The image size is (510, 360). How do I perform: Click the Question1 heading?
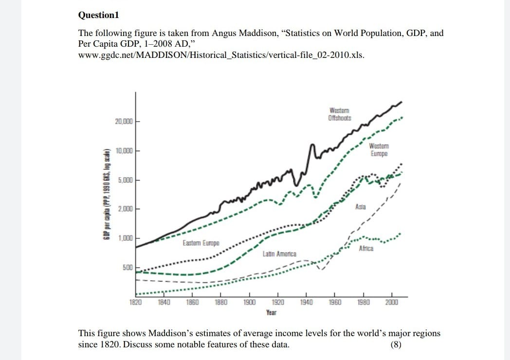coord(98,15)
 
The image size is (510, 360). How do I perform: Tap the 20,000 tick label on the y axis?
coord(124,121)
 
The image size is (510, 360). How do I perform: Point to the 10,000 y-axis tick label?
coord(124,150)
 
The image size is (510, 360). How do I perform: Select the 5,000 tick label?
coord(125,180)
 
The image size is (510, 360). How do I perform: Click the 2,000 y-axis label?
coord(125,209)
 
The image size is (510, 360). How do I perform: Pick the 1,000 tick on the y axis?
coord(125,238)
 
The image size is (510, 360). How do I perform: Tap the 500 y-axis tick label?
coord(127,268)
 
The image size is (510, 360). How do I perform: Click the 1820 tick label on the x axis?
coord(135,302)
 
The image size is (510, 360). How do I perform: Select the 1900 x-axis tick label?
coord(249,302)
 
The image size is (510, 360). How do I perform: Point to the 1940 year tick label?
coord(306,302)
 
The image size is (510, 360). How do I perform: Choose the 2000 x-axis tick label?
coord(391,302)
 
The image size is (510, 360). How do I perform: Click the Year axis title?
coord(271,312)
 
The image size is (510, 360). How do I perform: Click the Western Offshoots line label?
coord(339,114)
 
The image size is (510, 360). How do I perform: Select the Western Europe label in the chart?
coord(379,150)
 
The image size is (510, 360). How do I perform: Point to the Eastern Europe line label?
coord(200,242)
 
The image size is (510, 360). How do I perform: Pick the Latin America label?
coord(279,254)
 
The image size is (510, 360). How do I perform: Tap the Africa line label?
coord(366,249)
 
